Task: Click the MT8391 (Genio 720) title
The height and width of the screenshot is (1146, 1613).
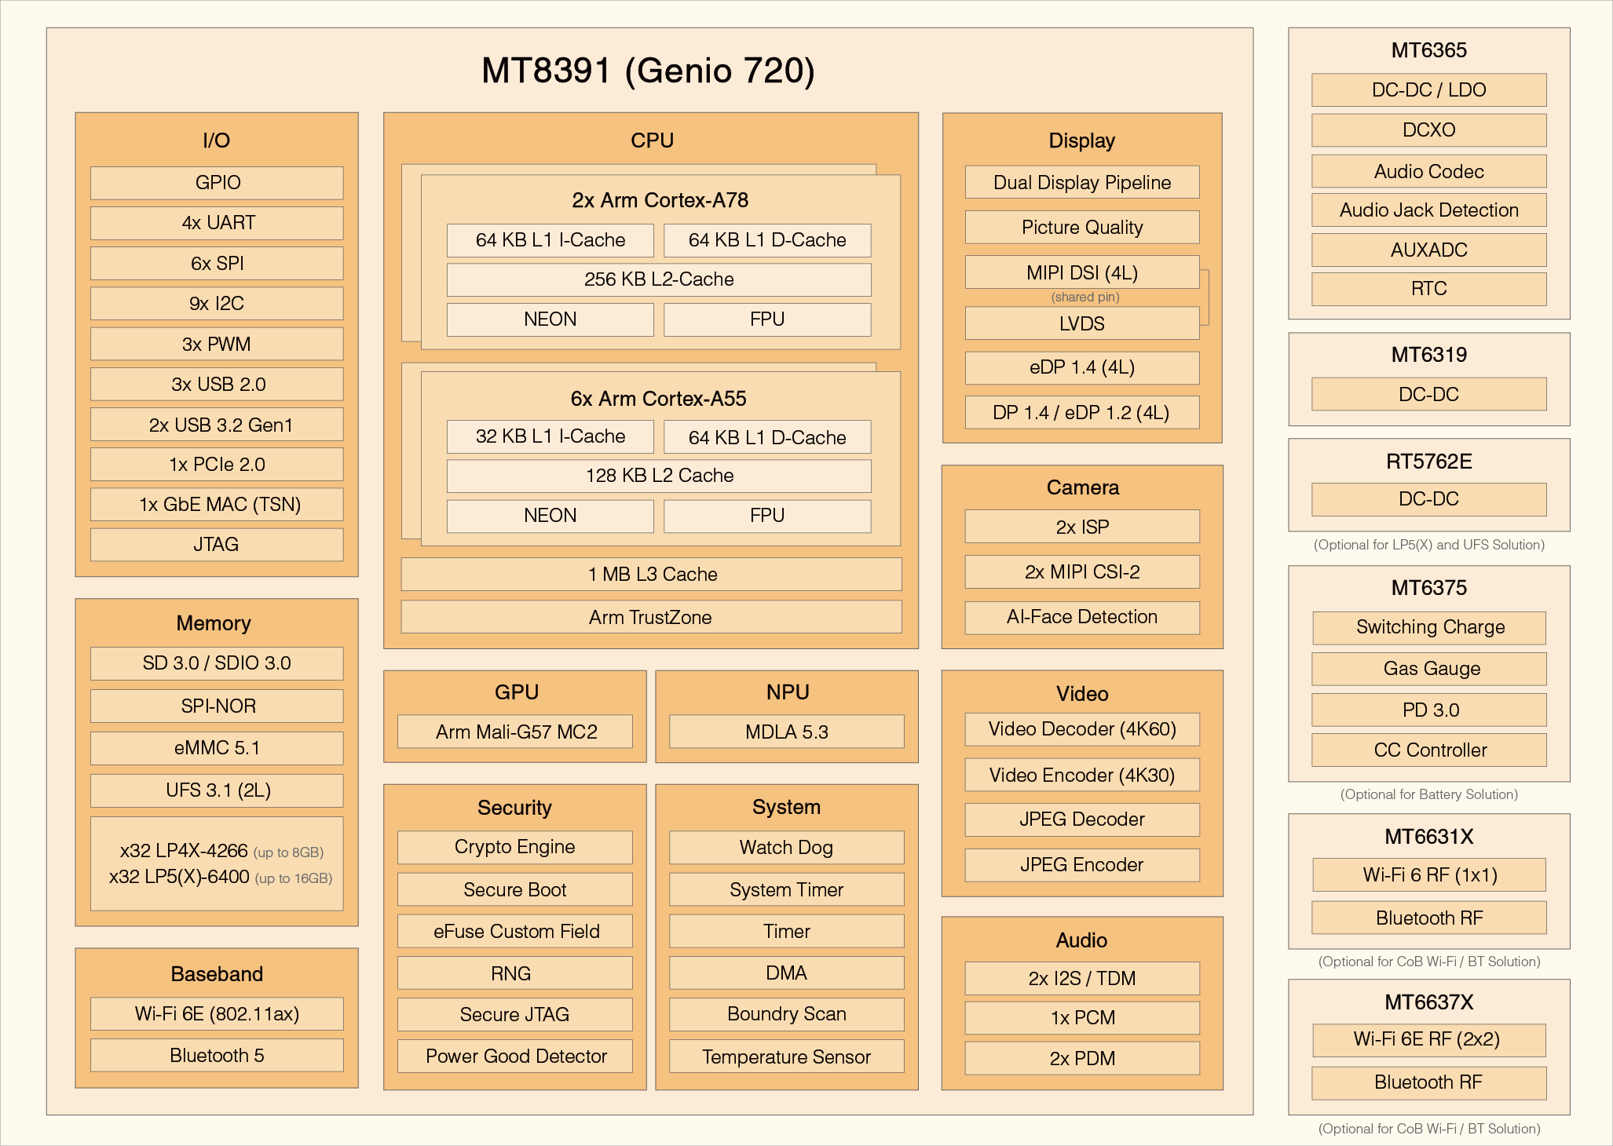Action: click(x=648, y=71)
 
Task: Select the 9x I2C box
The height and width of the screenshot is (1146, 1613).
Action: click(x=217, y=304)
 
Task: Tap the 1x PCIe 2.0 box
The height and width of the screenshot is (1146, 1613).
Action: click(x=217, y=465)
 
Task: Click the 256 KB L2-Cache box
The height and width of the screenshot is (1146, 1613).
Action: click(x=659, y=279)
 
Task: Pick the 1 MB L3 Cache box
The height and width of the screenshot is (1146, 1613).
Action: click(x=652, y=575)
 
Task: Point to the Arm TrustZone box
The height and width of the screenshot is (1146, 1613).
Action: click(x=652, y=618)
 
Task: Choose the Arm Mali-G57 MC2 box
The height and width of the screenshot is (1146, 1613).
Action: click(x=516, y=732)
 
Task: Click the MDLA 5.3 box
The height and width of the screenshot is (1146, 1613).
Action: click(x=787, y=732)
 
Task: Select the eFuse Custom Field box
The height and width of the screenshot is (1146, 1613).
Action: click(x=516, y=932)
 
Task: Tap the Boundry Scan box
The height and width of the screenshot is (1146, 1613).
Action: click(x=787, y=1014)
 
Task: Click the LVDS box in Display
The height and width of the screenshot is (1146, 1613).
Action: click(x=1082, y=323)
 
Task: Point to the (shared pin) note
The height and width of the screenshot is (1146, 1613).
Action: click(x=1085, y=297)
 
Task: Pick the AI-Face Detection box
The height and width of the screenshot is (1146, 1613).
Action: click(x=1082, y=617)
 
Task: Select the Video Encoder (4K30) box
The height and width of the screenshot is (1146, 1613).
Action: click(x=1082, y=776)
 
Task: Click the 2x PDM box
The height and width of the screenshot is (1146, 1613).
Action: click(x=1082, y=1059)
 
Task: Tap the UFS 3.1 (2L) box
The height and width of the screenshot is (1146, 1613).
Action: click(x=218, y=790)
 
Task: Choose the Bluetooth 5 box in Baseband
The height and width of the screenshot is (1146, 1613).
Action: click(x=217, y=1056)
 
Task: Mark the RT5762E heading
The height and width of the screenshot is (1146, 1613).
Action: click(x=1429, y=462)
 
